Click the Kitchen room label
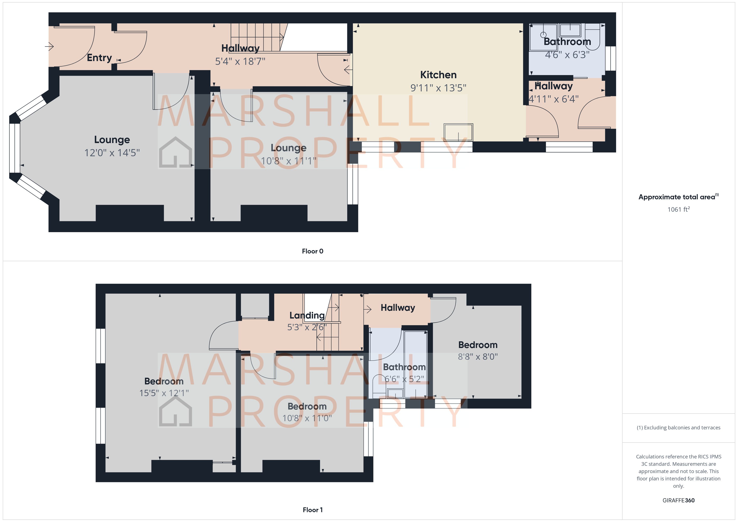click(x=438, y=75)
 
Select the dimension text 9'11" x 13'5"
click(x=438, y=88)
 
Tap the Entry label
click(x=99, y=58)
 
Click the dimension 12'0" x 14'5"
click(x=112, y=153)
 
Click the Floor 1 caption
click(x=313, y=510)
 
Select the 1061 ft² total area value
click(x=678, y=210)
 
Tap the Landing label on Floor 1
click(x=307, y=315)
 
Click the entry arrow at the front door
click(x=49, y=47)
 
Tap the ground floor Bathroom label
click(x=567, y=42)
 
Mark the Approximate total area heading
click(x=678, y=197)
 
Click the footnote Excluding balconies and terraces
click(x=678, y=427)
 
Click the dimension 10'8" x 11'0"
click(x=307, y=418)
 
